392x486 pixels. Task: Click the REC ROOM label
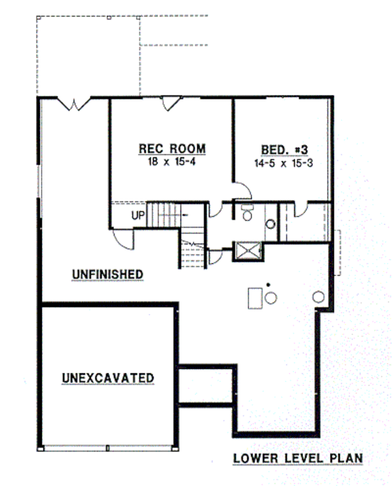coord(172,148)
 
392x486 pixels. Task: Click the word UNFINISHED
coord(107,274)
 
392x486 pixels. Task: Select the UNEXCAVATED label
coord(108,378)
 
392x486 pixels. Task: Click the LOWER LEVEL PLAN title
coord(298,459)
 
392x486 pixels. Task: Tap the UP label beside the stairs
coord(137,215)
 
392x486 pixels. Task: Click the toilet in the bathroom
coord(247,213)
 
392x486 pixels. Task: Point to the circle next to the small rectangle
coord(270,298)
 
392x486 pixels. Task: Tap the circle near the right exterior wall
coord(318,296)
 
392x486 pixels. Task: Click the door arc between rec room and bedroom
coord(242,190)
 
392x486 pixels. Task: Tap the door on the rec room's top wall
coord(171,103)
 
